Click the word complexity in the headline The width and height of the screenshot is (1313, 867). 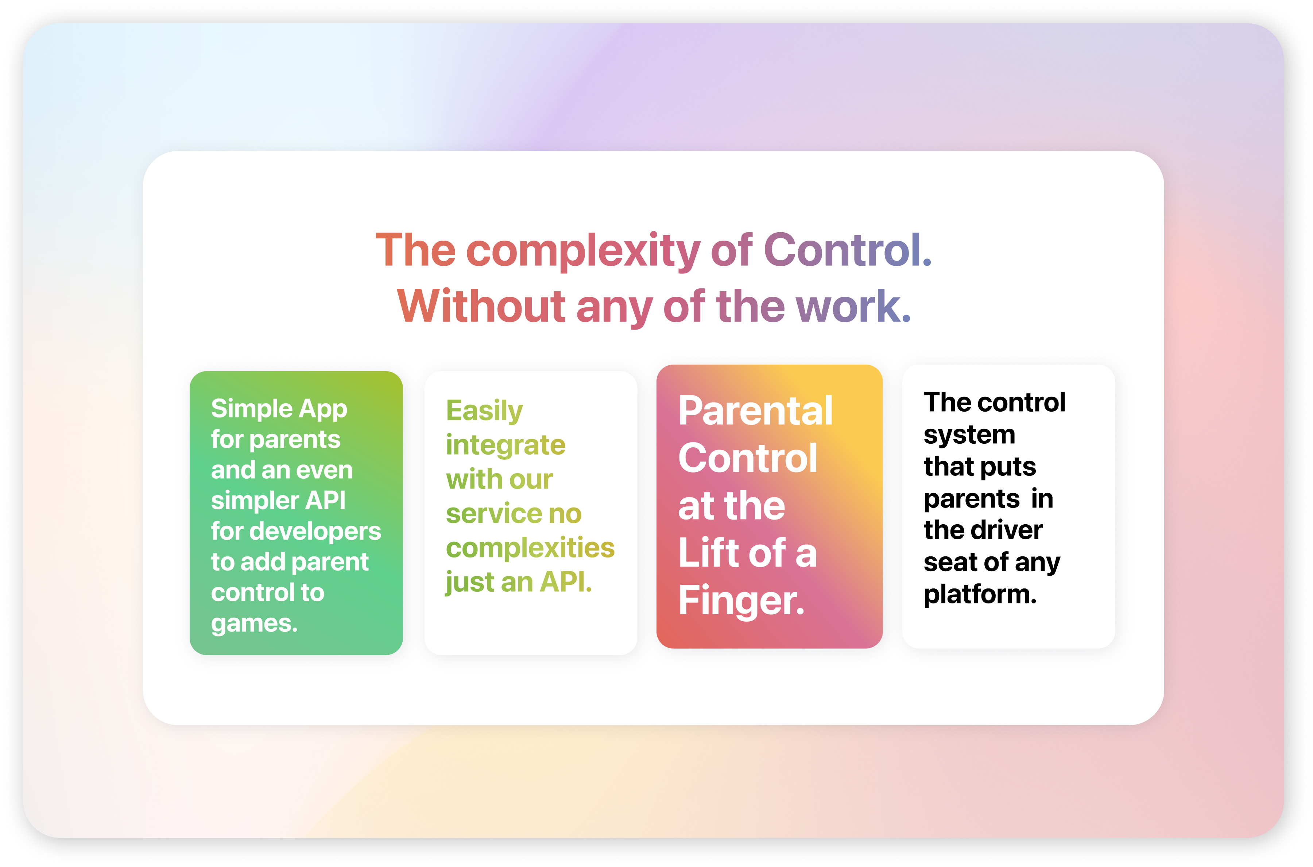pos(583,252)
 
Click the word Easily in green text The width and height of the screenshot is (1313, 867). pos(484,411)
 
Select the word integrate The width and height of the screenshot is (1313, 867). pos(506,446)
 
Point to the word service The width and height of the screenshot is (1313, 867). pos(487,514)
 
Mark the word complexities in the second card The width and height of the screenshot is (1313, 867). pos(530,548)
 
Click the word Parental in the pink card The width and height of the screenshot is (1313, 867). pos(755,411)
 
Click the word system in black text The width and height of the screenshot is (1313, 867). pos(969,435)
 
